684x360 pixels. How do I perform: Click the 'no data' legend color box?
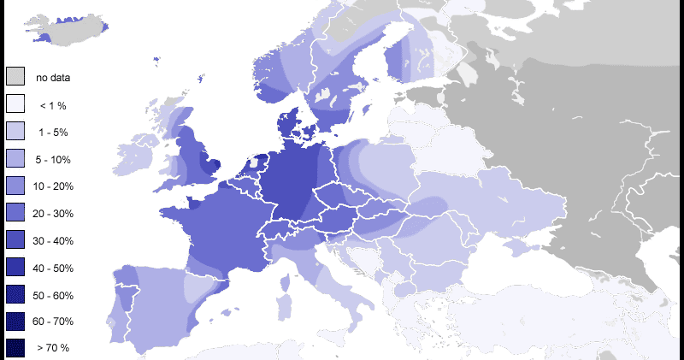[15, 77]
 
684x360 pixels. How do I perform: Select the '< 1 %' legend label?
[53, 105]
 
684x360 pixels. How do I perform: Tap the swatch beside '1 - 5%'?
[15, 132]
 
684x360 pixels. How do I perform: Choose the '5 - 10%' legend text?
[53, 160]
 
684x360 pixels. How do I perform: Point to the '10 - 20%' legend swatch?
[15, 186]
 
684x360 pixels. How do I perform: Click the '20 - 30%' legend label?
[53, 214]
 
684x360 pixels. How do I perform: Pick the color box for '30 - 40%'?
[15, 240]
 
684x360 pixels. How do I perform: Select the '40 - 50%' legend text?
[53, 269]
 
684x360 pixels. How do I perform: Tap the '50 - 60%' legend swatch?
[15, 294]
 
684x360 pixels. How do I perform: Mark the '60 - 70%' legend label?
[53, 322]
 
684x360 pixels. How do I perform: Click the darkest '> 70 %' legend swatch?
[15, 348]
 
